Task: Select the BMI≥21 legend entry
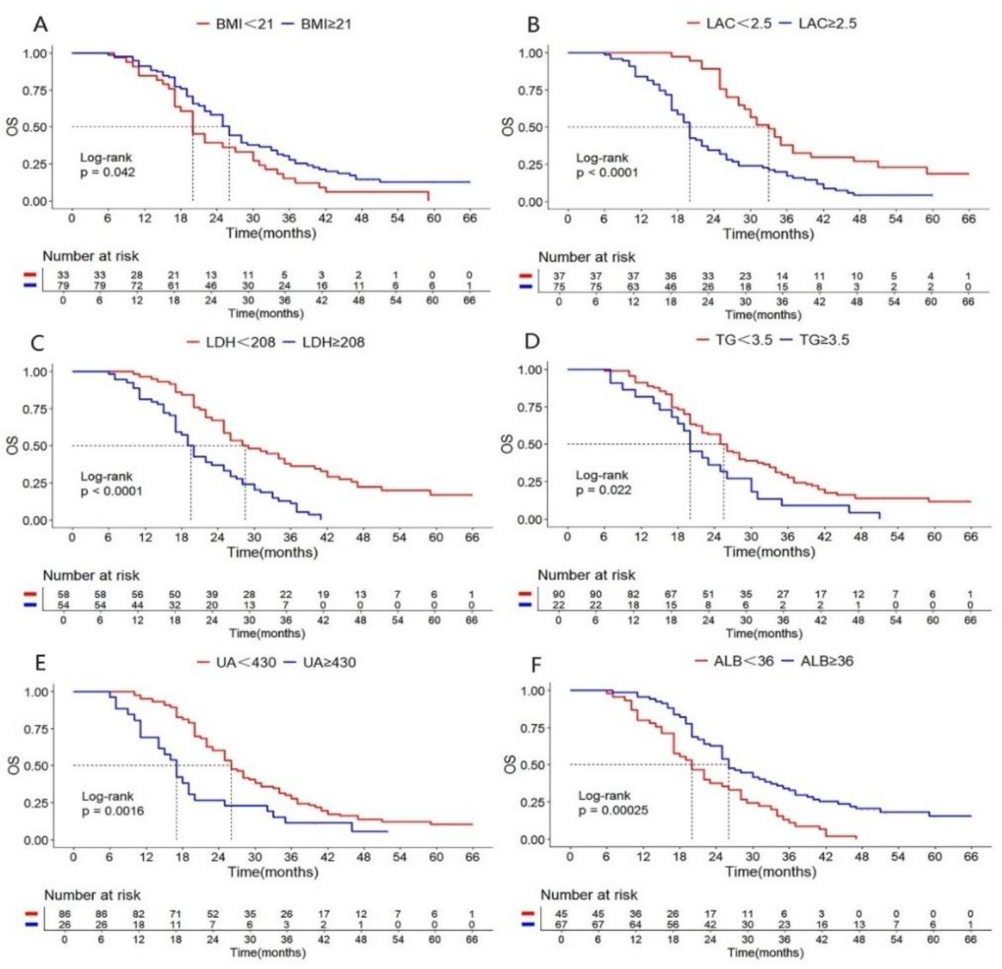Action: [x=326, y=24]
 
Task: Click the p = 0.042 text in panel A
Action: [x=108, y=172]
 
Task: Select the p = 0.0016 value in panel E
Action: [x=113, y=811]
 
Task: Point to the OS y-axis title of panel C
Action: [x=13, y=445]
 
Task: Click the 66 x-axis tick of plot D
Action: [x=970, y=537]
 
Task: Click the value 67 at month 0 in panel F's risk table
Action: [x=561, y=925]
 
